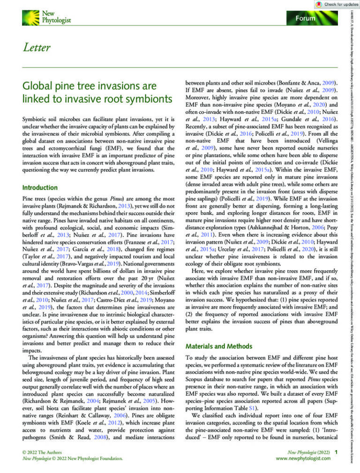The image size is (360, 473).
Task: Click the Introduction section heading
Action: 40,187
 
